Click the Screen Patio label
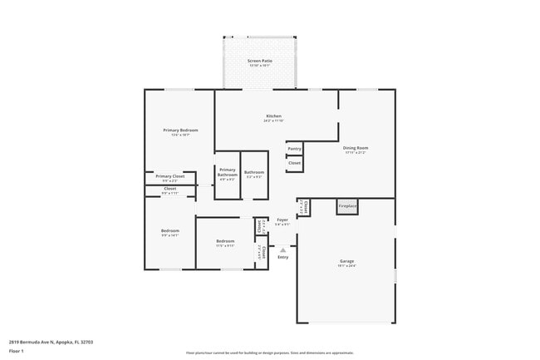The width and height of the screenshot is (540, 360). point(260,61)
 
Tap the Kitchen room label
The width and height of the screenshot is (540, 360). point(273,116)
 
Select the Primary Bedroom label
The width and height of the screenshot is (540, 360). point(180,131)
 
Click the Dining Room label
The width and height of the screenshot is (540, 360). point(355,148)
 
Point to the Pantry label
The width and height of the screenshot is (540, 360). point(294,149)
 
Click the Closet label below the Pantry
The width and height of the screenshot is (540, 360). point(294,163)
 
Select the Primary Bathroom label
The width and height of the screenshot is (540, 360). point(228,171)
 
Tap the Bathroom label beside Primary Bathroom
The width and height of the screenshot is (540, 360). point(253,172)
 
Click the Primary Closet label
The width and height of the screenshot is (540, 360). point(169,176)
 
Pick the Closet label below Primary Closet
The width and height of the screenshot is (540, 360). point(169,189)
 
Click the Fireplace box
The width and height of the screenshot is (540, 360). point(347,206)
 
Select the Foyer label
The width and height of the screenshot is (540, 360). point(282,219)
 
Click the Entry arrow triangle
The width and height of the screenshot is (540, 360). point(283,248)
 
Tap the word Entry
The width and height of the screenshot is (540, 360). point(283,257)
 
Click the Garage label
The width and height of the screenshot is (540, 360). point(346,261)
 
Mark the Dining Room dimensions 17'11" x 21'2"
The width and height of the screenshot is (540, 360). point(355,153)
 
